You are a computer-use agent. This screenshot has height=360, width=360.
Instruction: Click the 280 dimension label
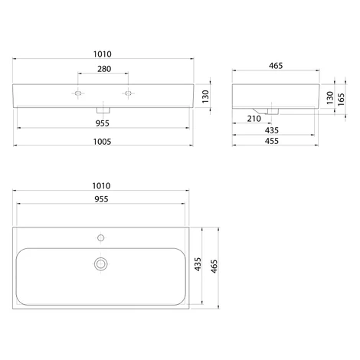tap(104, 69)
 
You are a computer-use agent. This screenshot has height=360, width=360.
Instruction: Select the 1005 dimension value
tap(102, 142)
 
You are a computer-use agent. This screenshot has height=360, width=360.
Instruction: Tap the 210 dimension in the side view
tap(254, 119)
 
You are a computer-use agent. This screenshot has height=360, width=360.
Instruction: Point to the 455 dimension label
tap(272, 141)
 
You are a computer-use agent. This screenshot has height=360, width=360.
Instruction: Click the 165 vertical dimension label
tap(341, 100)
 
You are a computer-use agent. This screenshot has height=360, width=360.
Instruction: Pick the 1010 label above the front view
tap(103, 54)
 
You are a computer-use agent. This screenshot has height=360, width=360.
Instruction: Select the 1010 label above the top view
tap(101, 186)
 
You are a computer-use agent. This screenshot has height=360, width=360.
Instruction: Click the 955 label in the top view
tap(101, 199)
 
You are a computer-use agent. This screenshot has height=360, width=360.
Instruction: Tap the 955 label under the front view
tap(103, 123)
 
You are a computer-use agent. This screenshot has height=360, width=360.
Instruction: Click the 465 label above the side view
tap(276, 66)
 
